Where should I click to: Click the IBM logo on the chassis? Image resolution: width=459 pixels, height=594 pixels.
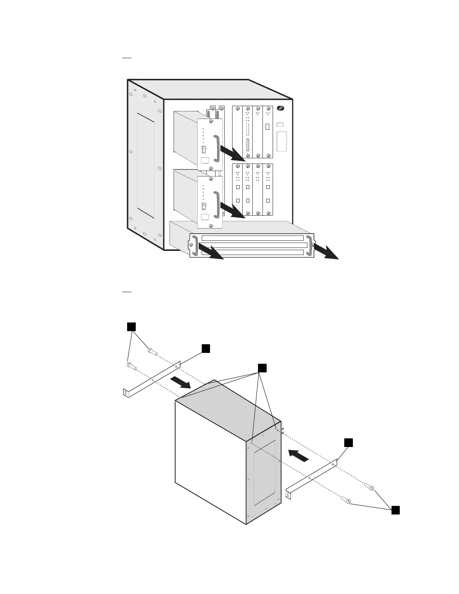pos(280,108)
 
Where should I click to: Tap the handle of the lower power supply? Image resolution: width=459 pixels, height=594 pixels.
pos(216,205)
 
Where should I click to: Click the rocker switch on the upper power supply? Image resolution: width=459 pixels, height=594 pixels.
pos(204,150)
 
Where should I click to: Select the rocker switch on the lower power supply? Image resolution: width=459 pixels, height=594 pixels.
pos(204,206)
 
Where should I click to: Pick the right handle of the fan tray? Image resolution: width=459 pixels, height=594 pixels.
pos(310,246)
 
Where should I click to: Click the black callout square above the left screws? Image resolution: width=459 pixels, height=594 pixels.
pos(131,327)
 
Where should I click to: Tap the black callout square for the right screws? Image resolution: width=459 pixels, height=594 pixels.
pos(395,510)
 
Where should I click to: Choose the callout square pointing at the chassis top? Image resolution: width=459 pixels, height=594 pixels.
pos(262,368)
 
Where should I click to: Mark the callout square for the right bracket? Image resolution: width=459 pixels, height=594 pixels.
pos(349,442)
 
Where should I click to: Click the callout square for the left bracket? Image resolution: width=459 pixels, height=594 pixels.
pos(205,348)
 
